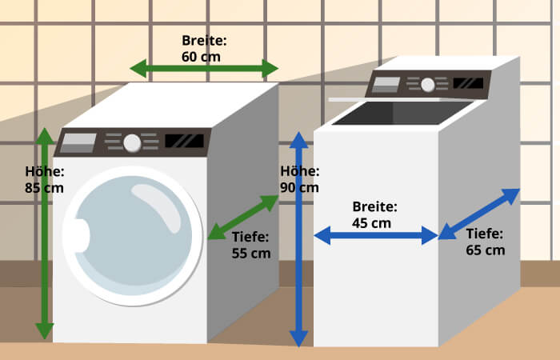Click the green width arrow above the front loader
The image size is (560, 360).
pyautogui.click(x=204, y=69)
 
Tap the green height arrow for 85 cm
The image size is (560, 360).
pyautogui.click(x=45, y=232)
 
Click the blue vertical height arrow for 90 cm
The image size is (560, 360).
pyautogui.click(x=298, y=240)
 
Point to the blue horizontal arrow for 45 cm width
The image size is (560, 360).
pyautogui.click(x=376, y=235)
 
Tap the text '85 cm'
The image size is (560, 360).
pyautogui.click(x=45, y=188)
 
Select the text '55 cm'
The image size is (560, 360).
pyautogui.click(x=250, y=253)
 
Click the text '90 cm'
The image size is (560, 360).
pyautogui.click(x=299, y=187)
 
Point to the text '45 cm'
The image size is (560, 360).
pyautogui.click(x=372, y=222)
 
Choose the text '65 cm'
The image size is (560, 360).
pyautogui.click(x=485, y=250)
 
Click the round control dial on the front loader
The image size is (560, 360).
pyautogui.click(x=132, y=143)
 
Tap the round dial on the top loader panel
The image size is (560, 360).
pyautogui.click(x=428, y=84)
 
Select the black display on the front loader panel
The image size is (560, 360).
pyautogui.click(x=184, y=141)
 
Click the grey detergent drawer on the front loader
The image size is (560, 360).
pyautogui.click(x=78, y=143)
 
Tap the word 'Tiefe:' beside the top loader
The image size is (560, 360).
pyautogui.click(x=484, y=234)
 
